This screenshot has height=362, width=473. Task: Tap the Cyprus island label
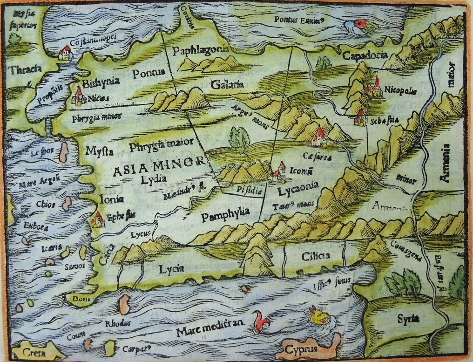[301, 349]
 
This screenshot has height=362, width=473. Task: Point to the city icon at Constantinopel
[65, 53]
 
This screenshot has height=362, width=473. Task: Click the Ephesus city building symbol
[98, 219]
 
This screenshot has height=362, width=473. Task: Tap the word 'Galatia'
[227, 85]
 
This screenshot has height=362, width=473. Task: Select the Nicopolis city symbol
[373, 86]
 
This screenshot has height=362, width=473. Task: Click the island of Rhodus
[124, 304]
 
